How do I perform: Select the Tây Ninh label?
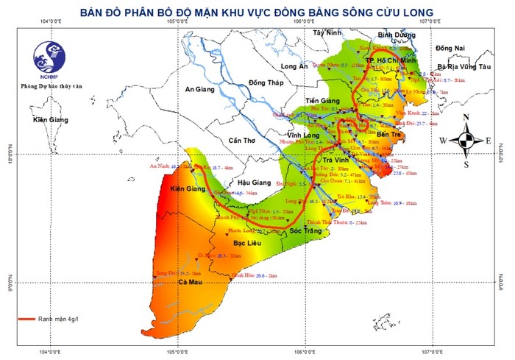tap(327, 33)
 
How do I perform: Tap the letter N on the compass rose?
tap(466, 118)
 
